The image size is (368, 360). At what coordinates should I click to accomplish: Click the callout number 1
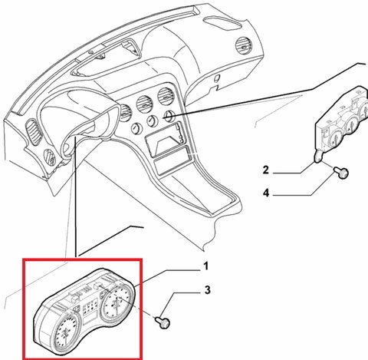(205, 266)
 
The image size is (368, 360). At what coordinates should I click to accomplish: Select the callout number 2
(266, 170)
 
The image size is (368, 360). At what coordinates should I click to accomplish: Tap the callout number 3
(207, 290)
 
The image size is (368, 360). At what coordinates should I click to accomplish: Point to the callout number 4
(266, 193)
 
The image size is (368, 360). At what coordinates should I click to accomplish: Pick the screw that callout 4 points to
(341, 173)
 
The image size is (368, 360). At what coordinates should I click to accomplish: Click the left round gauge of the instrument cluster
(66, 332)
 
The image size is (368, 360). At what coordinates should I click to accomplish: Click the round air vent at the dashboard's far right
(243, 45)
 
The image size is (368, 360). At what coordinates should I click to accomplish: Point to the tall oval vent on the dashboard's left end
(34, 133)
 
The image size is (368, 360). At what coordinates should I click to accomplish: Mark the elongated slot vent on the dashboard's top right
(223, 22)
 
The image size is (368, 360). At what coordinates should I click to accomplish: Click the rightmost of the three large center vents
(166, 97)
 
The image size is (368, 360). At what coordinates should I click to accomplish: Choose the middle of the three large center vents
(145, 104)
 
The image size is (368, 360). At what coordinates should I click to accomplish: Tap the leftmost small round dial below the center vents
(136, 129)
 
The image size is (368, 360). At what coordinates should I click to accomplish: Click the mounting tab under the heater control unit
(317, 157)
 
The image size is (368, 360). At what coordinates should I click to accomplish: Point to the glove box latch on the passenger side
(216, 78)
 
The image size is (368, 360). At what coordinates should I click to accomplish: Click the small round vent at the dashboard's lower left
(50, 157)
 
